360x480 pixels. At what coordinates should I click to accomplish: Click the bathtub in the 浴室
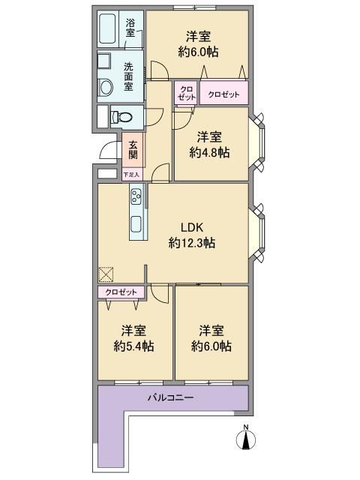click(108, 28)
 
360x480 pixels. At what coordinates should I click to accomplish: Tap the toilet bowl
click(121, 117)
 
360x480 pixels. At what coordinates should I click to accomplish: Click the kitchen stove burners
click(136, 196)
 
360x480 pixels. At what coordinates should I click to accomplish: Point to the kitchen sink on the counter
click(136, 224)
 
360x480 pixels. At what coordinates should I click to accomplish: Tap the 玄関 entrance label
click(133, 150)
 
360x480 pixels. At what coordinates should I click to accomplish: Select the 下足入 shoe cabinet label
click(131, 175)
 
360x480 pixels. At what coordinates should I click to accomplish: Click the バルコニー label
click(171, 397)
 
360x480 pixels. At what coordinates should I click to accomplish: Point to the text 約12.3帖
click(192, 243)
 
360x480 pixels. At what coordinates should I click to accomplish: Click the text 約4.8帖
click(209, 152)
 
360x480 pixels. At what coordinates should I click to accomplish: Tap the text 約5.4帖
click(133, 346)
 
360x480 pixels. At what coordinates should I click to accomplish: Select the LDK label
click(192, 227)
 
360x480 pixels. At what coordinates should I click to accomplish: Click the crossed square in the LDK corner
click(106, 274)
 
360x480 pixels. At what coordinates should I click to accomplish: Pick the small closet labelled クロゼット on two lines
click(187, 93)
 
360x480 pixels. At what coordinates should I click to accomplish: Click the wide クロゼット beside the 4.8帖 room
click(223, 93)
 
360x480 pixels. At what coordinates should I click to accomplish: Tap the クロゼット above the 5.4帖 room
click(121, 292)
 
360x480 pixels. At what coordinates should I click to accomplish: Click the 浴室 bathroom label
click(130, 28)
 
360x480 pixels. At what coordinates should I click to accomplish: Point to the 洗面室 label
click(128, 76)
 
